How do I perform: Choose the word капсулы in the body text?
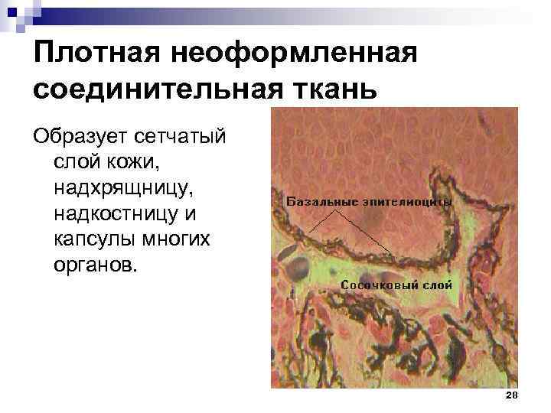tap(88, 240)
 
